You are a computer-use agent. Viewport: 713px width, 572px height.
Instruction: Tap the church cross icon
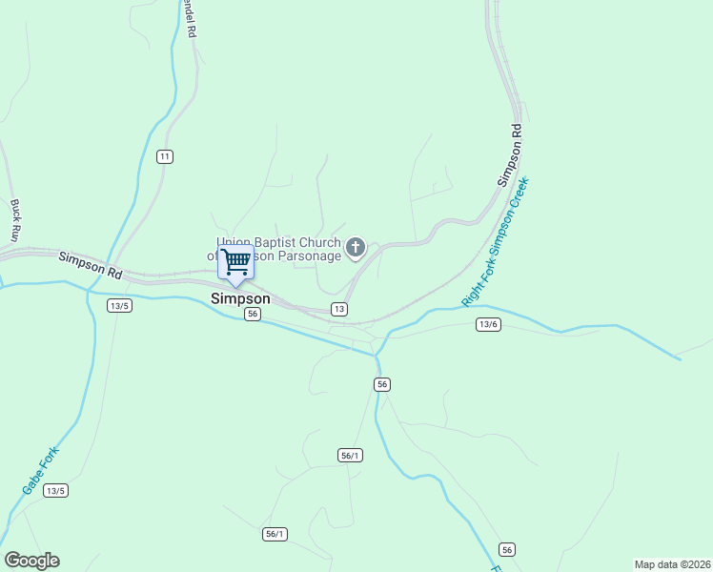(356, 249)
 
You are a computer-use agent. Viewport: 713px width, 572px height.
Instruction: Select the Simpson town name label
(239, 298)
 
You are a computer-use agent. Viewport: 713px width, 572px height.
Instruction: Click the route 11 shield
(165, 156)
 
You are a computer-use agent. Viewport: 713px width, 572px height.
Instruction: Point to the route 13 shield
(338, 309)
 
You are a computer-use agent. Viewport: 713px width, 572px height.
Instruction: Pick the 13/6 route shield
(487, 325)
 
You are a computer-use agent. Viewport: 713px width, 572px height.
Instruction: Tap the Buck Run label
(15, 219)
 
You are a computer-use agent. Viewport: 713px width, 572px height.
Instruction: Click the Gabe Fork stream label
(41, 471)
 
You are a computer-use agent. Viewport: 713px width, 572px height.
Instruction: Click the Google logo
(31, 561)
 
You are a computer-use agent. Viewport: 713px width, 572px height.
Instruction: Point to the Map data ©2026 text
(672, 563)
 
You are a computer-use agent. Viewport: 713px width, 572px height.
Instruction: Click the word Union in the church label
(234, 242)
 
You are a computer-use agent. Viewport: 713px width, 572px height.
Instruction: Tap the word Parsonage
(311, 255)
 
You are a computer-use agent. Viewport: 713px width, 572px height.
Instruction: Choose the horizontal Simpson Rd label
(91, 265)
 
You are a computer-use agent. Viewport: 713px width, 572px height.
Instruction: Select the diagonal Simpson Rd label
(511, 154)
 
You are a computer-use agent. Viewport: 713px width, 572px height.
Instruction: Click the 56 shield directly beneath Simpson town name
(252, 314)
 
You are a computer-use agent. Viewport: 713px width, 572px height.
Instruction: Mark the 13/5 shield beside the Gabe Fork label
(55, 490)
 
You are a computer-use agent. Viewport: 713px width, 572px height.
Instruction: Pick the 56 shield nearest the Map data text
(507, 550)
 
